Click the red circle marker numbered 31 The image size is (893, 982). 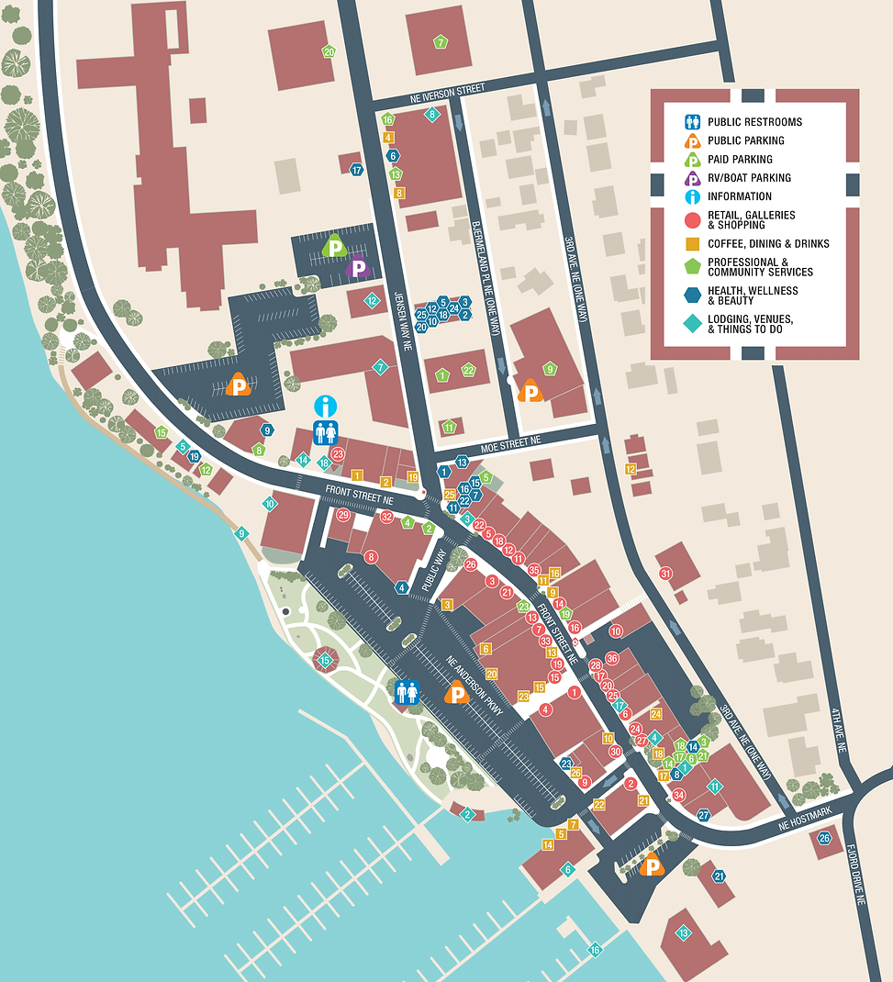click(666, 574)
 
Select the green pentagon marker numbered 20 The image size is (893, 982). click(329, 52)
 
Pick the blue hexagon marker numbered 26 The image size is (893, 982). click(824, 838)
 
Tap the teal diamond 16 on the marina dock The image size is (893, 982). click(595, 950)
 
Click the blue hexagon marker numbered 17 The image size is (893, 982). click(356, 169)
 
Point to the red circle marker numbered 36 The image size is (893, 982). click(612, 658)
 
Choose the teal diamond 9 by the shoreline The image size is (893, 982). click(241, 533)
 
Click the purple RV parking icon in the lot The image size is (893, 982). click(358, 268)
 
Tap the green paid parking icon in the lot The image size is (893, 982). click(335, 246)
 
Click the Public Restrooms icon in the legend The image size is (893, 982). click(693, 122)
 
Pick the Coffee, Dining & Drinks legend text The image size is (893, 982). click(768, 244)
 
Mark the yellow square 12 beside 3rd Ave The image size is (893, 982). click(631, 469)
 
